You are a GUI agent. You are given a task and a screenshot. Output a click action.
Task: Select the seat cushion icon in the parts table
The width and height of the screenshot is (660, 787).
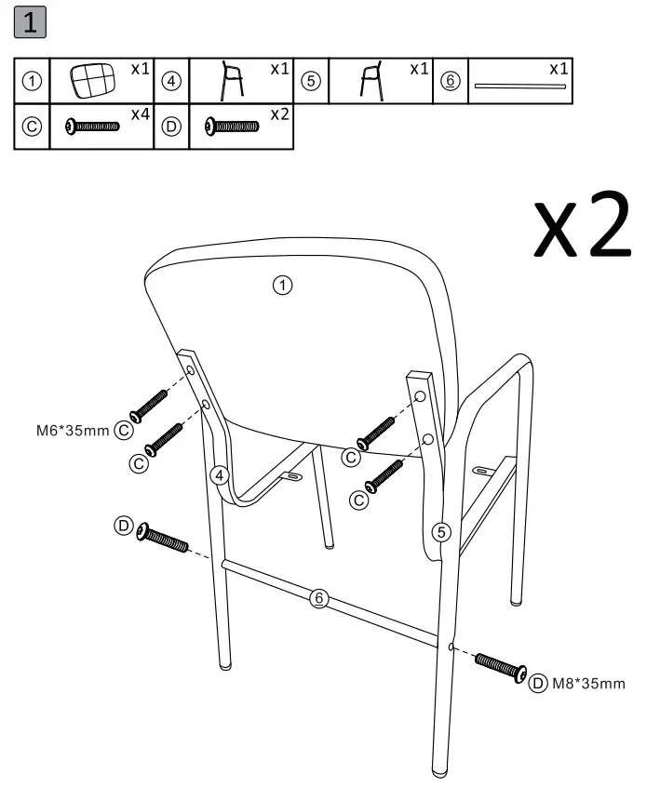pyautogui.click(x=94, y=82)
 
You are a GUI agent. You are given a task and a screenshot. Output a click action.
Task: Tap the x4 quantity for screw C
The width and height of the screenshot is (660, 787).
pyautogui.click(x=141, y=114)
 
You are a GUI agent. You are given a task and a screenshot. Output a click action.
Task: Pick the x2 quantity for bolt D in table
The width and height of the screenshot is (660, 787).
pyautogui.click(x=279, y=114)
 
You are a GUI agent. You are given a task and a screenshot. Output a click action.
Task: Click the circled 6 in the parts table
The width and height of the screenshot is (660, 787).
pyautogui.click(x=451, y=81)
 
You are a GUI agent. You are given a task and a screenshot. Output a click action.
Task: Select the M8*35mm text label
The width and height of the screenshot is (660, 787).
pyautogui.click(x=589, y=684)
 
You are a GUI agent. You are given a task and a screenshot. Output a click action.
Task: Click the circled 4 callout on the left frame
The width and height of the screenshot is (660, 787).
pyautogui.click(x=220, y=475)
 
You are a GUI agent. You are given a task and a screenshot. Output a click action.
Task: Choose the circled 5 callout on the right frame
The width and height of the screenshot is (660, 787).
pyautogui.click(x=443, y=531)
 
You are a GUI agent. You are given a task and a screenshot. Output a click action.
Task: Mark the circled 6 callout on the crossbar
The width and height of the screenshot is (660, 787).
pyautogui.click(x=319, y=598)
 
